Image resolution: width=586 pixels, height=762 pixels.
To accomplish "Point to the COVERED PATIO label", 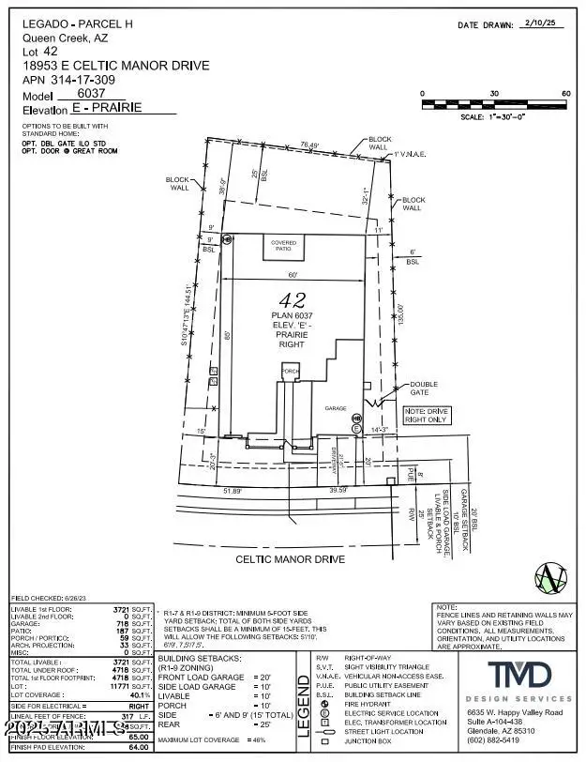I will tap(284, 245).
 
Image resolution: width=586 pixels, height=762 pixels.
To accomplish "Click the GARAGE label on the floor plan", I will tap(337, 409).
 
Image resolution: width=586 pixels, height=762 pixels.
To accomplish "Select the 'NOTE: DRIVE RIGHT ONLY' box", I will tap(427, 416).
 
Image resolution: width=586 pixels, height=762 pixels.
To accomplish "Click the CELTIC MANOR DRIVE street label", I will tap(293, 559).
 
